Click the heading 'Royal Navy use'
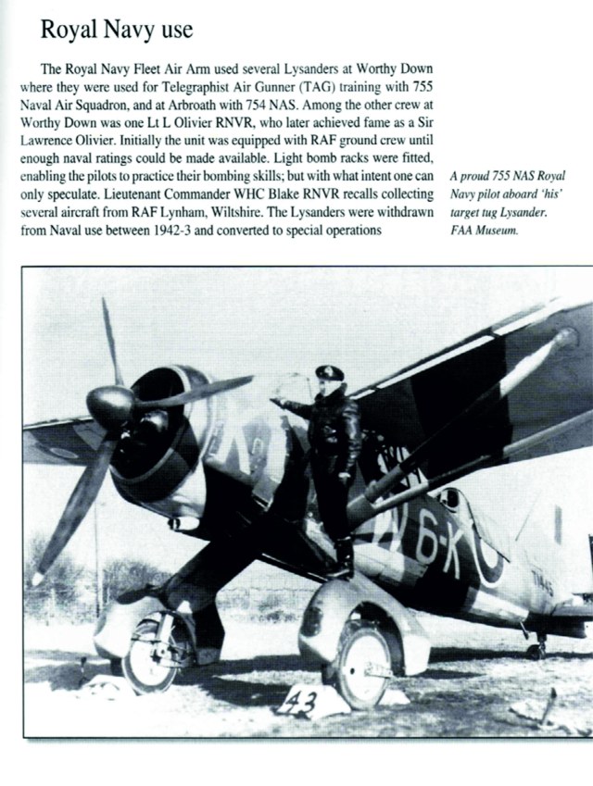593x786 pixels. (x=116, y=30)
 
